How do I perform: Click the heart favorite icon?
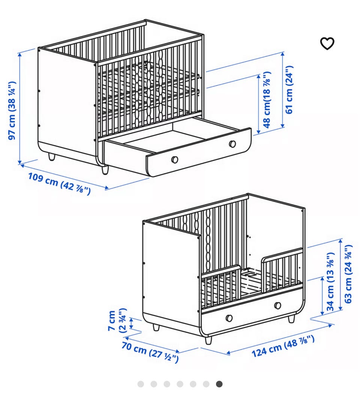coord(327,44)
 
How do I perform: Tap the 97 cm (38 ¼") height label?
coord(12,110)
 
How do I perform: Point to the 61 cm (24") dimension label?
coord(289,90)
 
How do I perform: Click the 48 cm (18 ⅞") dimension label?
coord(267,100)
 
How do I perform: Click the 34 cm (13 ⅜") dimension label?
coord(330,282)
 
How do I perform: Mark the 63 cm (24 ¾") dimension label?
coord(348,274)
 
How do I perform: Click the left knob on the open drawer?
coord(174,159)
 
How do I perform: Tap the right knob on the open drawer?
coord(232,144)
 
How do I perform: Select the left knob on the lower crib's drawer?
coord(229,318)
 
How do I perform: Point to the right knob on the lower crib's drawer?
coord(278,305)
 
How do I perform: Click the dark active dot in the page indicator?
coord(219,384)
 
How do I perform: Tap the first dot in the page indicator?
coord(141,384)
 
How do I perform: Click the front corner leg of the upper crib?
coord(105,170)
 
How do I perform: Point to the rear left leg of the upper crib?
coord(52,156)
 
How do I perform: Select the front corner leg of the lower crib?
coord(208,340)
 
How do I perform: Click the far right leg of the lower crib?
coord(292,318)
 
